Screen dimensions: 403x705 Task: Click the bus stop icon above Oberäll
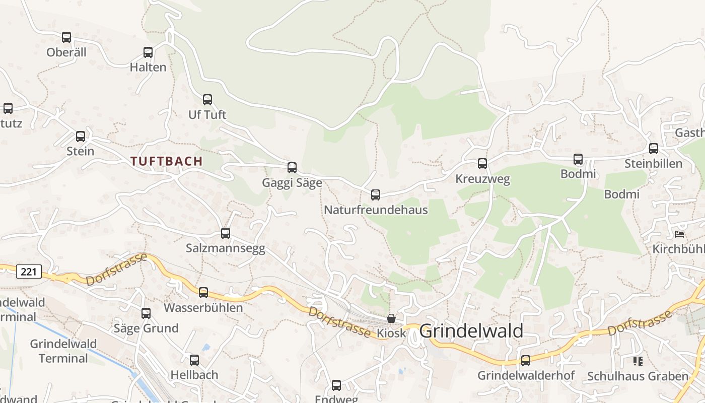point(66,37)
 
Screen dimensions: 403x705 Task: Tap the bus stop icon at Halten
point(148,52)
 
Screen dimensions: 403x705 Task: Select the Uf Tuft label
point(207,115)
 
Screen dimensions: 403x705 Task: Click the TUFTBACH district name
point(167,161)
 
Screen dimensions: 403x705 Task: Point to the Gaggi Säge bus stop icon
point(292,168)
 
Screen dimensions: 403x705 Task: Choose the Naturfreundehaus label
point(376,210)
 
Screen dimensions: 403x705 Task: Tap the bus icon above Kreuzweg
point(482,164)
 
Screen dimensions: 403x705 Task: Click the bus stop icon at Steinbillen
point(654,149)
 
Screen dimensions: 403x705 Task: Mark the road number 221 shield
point(29,272)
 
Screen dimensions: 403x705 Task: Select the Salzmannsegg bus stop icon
point(226,233)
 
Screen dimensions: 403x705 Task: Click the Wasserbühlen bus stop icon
point(203,293)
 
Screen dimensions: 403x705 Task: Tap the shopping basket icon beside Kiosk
point(391,318)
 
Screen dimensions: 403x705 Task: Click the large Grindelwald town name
point(471,331)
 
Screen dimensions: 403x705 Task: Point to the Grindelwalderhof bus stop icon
point(526,361)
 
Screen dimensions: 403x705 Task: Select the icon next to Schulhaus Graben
point(638,361)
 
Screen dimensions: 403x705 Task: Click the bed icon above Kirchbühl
point(680,234)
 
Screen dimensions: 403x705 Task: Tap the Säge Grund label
point(146,328)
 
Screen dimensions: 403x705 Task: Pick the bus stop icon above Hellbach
point(194,360)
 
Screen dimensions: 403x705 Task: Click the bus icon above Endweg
point(336,385)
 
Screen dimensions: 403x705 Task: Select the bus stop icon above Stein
point(81,137)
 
